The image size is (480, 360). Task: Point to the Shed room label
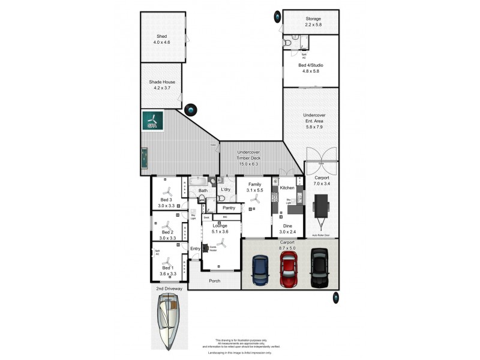pos(162,40)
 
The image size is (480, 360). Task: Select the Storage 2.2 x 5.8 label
pos(310,22)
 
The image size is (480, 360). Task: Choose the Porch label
pos(214,280)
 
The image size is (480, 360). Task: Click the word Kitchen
pos(287,188)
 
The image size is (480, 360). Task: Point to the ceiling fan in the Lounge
pos(221,243)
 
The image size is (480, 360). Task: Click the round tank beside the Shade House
pos(191,110)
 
